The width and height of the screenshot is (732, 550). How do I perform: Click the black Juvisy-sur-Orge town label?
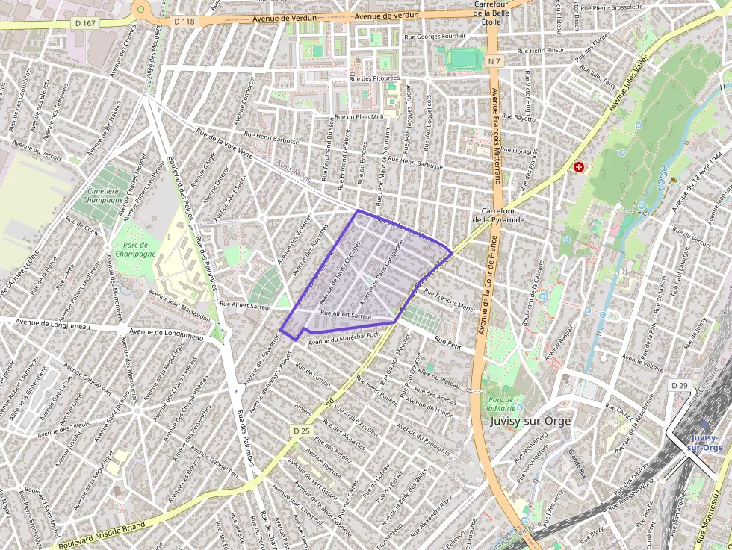pos(532,421)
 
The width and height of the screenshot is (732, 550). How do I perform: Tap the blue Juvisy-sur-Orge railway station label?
pos(707,443)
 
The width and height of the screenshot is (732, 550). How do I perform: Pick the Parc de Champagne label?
pos(134,249)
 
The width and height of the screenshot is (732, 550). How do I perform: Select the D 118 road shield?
pos(184,22)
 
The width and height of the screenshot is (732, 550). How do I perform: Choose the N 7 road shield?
pos(493,59)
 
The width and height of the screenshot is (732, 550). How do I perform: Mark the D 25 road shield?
pos(301,431)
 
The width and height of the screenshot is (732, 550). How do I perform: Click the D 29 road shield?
pos(679,385)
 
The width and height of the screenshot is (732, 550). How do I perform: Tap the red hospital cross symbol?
pos(577,168)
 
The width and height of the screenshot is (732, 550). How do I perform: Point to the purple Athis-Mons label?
pos(292,172)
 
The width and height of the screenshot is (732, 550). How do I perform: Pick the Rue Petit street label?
pos(447,345)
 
